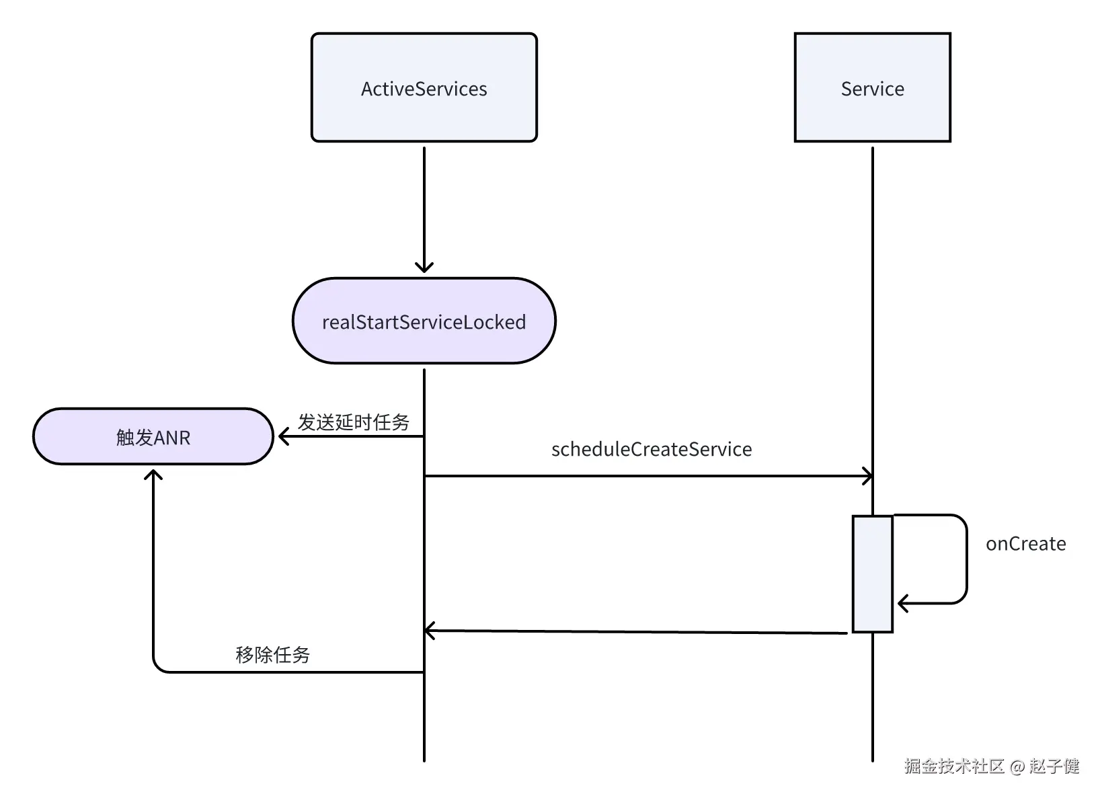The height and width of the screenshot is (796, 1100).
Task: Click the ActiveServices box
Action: coord(424,87)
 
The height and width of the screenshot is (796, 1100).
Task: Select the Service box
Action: coord(872,87)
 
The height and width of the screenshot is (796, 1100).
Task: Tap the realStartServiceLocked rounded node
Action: coord(424,321)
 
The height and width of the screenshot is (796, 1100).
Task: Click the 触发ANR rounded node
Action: coord(153,437)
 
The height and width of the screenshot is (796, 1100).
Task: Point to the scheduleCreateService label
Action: coord(651,449)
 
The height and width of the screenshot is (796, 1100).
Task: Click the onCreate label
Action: coord(1025,544)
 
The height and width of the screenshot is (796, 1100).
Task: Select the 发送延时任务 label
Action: coord(354,422)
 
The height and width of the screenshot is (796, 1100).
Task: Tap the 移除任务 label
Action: coord(272,654)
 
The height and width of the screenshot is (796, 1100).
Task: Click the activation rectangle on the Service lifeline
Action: coord(872,573)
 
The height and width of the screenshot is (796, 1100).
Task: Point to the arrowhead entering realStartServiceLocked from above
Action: coord(424,268)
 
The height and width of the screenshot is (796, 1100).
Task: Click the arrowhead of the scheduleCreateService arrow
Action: coord(869,477)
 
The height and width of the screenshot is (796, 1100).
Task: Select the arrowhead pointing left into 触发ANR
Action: coord(282,437)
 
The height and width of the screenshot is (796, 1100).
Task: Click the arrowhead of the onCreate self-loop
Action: coord(902,603)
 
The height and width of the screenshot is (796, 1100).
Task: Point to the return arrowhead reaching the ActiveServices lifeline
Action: coord(429,631)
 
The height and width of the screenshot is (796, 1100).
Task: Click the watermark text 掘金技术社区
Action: coord(953,766)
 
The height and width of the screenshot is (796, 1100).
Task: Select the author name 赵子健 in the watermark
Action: coord(1054,766)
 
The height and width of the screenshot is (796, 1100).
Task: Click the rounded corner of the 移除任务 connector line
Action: coord(157,668)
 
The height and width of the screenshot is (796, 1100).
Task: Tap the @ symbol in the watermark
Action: coord(1017,766)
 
